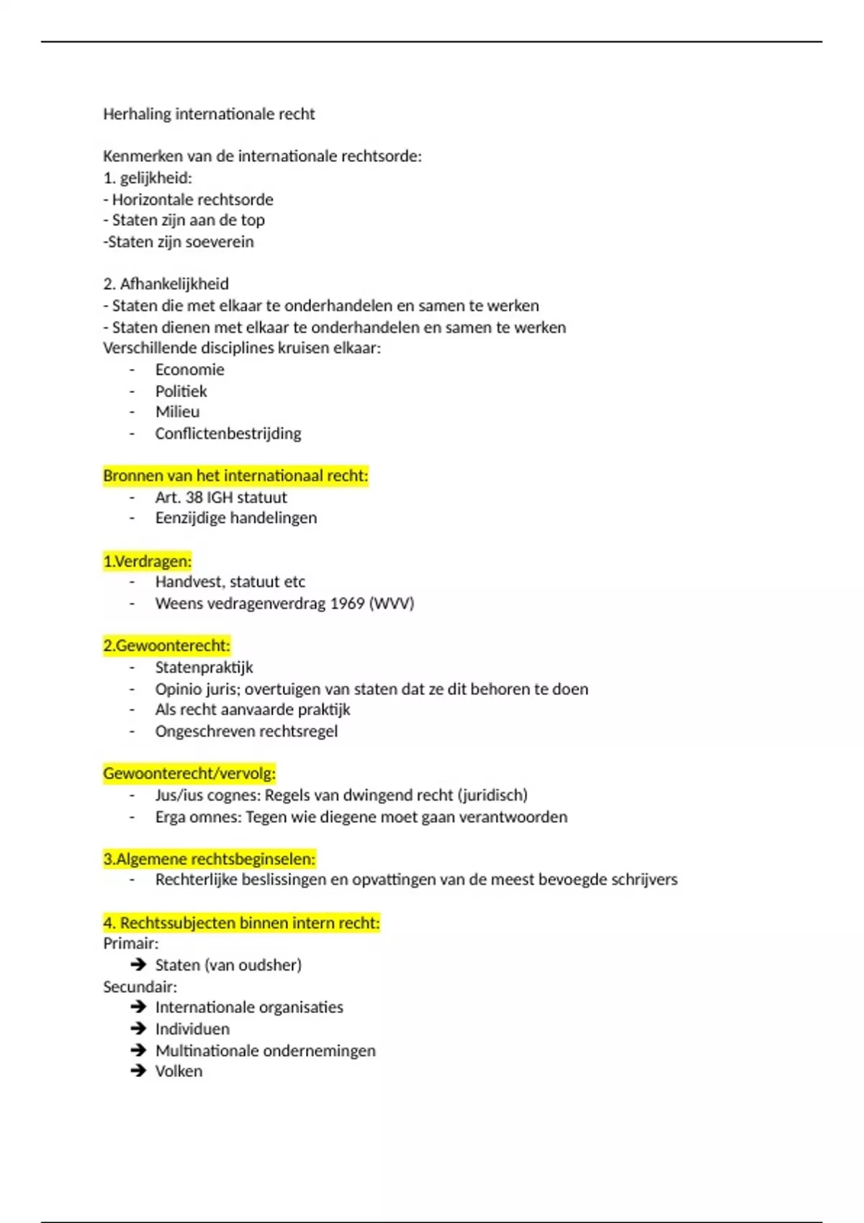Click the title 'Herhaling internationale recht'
pyautogui.click(x=209, y=114)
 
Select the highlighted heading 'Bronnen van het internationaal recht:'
pyautogui.click(x=235, y=476)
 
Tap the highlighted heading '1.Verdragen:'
pyautogui.click(x=148, y=561)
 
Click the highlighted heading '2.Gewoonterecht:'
pyautogui.click(x=166, y=645)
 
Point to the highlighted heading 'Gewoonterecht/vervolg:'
pyautogui.click(x=189, y=773)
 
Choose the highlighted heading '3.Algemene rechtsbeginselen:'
pyautogui.click(x=209, y=858)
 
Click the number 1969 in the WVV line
pyautogui.click(x=347, y=603)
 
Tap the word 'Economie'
pyautogui.click(x=190, y=370)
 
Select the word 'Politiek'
pyautogui.click(x=181, y=391)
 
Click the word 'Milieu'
pyautogui.click(x=178, y=412)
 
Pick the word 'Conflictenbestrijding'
pyautogui.click(x=228, y=433)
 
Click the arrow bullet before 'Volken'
pyautogui.click(x=138, y=1070)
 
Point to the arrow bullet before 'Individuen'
pyautogui.click(x=138, y=1029)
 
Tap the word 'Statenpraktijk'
pyautogui.click(x=204, y=667)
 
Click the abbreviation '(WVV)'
pyautogui.click(x=392, y=603)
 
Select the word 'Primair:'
pyautogui.click(x=131, y=943)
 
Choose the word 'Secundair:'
pyautogui.click(x=140, y=986)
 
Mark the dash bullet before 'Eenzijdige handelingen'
pyautogui.click(x=132, y=518)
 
